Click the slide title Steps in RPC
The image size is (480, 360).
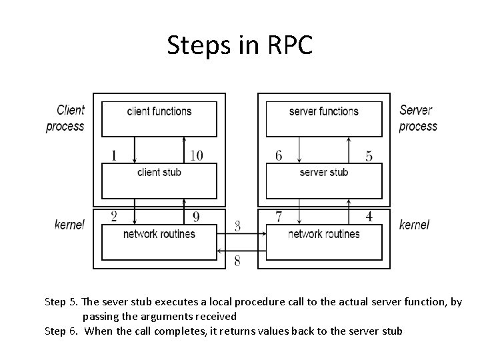239,45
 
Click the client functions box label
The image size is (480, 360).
159,111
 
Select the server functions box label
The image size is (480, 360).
323,111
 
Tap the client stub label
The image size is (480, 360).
159,172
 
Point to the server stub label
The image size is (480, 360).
324,172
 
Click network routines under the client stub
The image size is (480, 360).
159,234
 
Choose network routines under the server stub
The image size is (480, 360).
324,234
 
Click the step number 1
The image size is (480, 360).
114,155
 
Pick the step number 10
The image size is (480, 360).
196,155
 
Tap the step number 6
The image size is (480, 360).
279,155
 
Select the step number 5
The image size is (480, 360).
369,156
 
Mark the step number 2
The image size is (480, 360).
114,216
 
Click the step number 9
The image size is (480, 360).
196,217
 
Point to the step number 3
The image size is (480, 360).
237,227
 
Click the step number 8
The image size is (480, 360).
237,261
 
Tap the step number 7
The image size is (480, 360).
279,217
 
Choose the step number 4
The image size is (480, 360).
369,217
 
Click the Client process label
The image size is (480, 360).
65,118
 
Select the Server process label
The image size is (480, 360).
417,118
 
